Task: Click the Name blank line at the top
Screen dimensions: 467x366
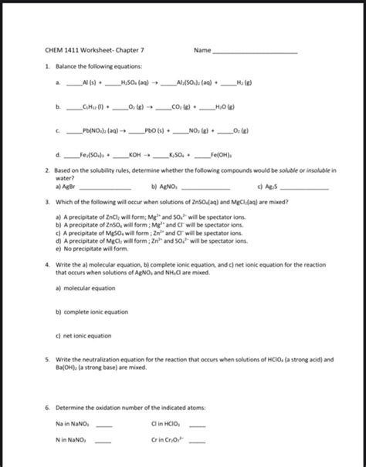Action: [x=255, y=52]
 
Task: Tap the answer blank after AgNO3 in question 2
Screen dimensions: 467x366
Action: [x=204, y=186]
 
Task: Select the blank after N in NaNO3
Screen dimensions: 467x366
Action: [x=102, y=442]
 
